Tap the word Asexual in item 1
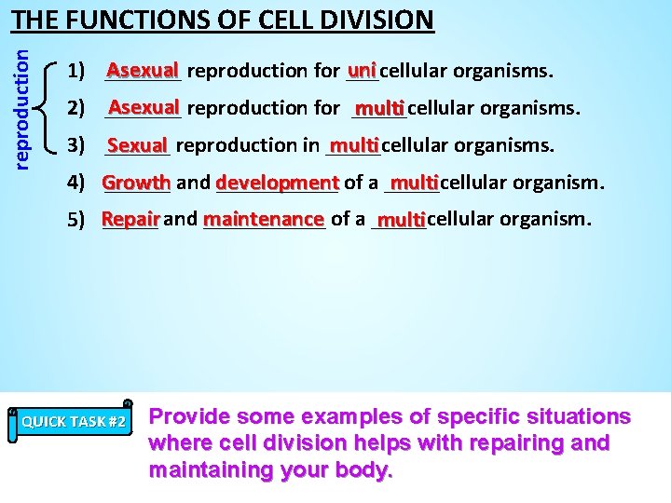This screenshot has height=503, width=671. [143, 70]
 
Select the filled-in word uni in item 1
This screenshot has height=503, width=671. [362, 70]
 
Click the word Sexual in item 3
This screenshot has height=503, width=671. [137, 145]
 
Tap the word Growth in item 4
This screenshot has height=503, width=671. [136, 183]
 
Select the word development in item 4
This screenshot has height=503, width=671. [277, 183]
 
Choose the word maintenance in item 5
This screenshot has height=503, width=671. [263, 220]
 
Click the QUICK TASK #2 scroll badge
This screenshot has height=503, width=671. [75, 421]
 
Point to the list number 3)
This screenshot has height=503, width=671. [77, 145]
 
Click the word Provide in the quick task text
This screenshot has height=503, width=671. [189, 416]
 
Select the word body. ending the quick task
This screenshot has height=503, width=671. [364, 469]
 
